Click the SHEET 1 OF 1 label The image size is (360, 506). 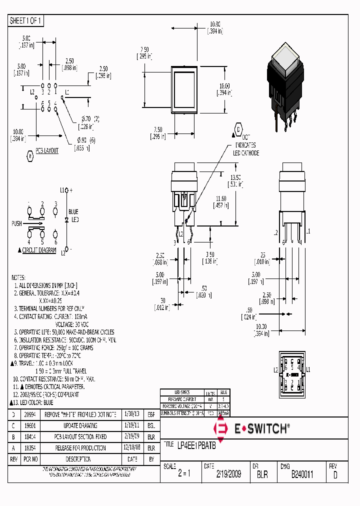click(26, 21)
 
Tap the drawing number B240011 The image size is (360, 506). click(302, 474)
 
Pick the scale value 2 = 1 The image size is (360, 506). click(184, 474)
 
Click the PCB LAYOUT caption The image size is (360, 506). click(46, 150)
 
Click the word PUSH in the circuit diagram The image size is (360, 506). click(16, 223)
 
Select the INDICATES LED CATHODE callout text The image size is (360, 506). click(246, 149)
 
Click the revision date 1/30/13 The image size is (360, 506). click(132, 415)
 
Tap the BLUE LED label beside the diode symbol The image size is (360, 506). click(74, 215)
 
